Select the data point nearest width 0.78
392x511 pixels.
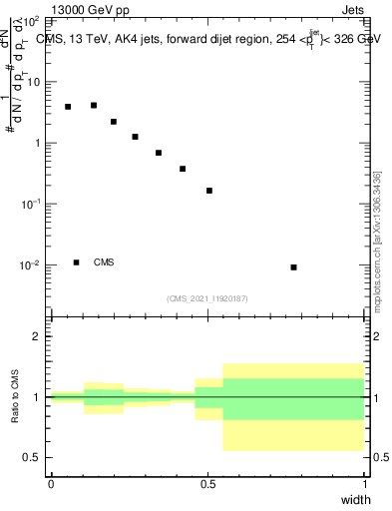point(293,267)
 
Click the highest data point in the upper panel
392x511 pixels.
point(94,105)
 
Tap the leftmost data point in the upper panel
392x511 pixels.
point(68,107)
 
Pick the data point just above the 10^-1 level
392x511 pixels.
point(209,191)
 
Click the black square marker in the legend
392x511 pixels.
point(76,262)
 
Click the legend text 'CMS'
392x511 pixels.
point(104,262)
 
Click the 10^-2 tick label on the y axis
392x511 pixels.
point(29,265)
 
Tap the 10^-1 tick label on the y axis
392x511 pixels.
point(29,204)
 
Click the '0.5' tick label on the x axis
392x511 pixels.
point(207,483)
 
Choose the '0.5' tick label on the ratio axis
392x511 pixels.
point(32,458)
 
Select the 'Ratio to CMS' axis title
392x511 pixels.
point(13,396)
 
